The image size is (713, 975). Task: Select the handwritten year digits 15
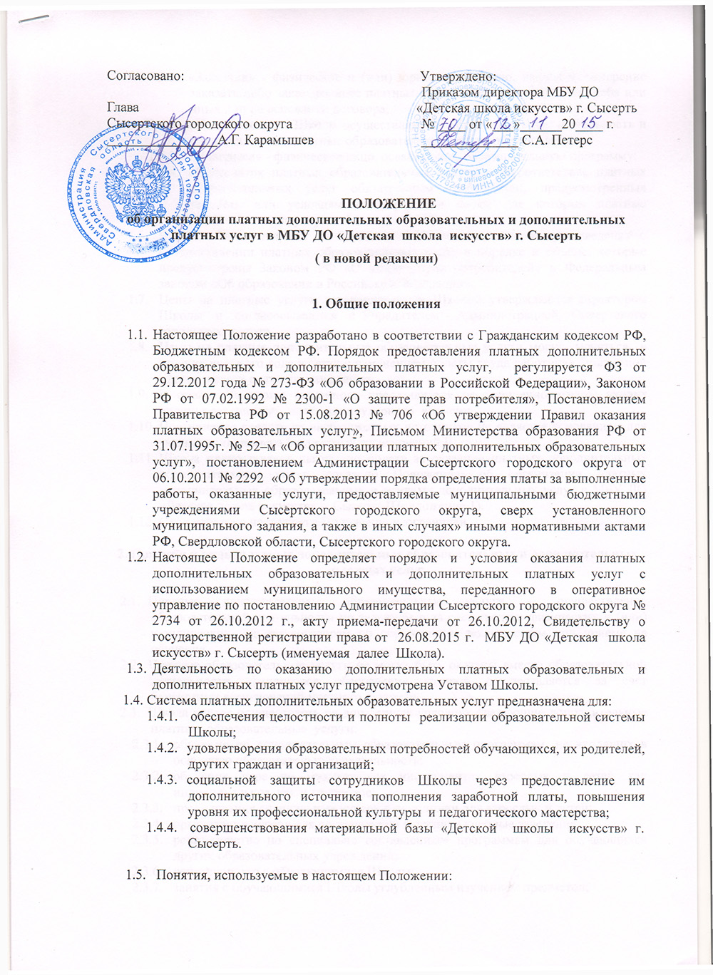(x=589, y=123)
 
